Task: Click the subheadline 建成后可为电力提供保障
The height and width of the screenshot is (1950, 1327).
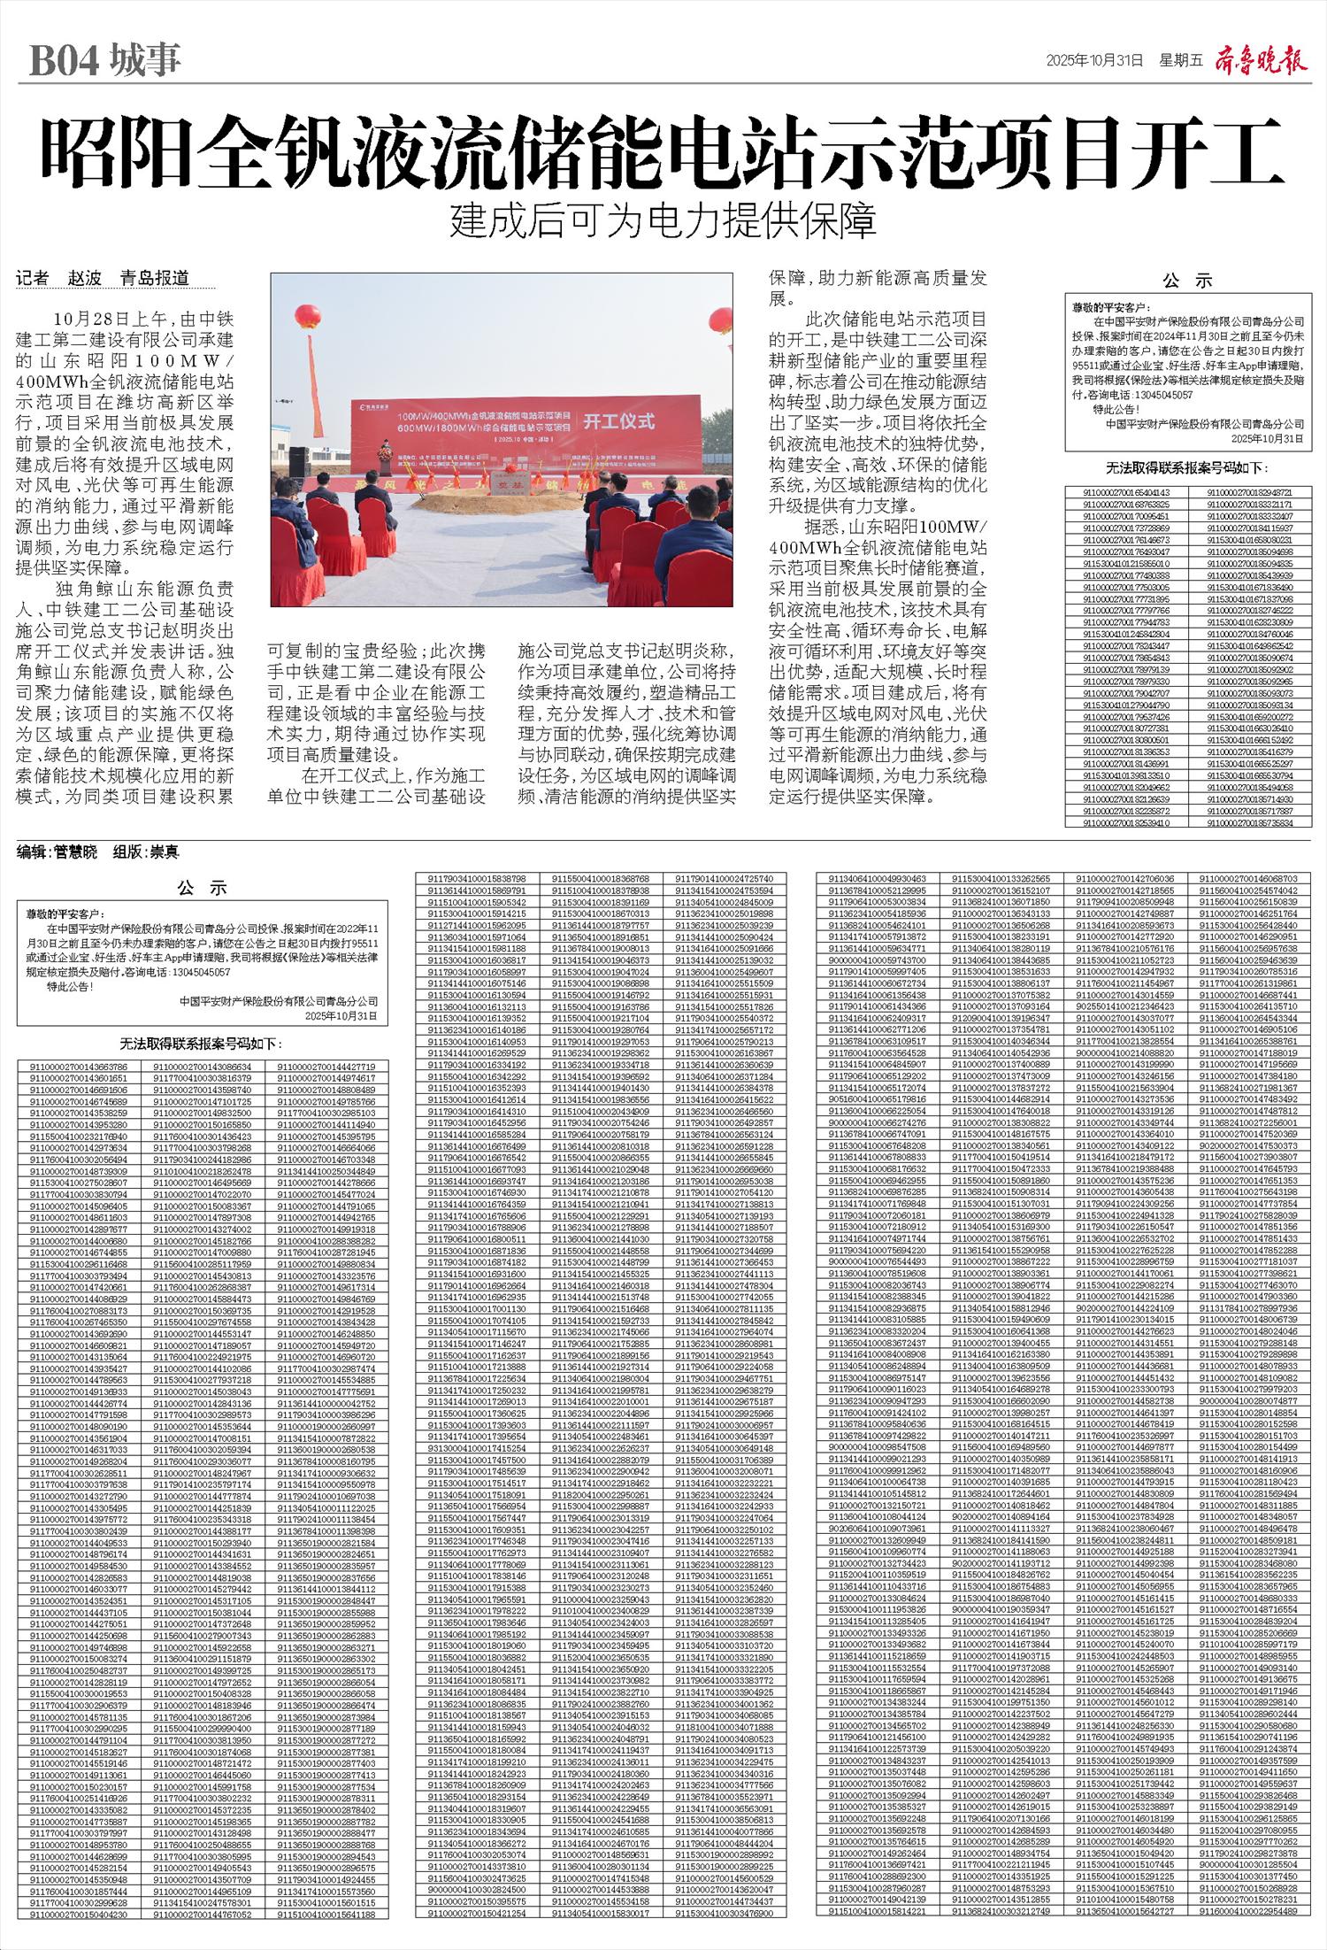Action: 663,222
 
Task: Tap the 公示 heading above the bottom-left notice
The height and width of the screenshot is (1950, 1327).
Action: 202,888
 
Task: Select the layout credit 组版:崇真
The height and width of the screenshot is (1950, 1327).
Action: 146,852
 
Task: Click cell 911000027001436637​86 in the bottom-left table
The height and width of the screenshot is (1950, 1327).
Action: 79,1067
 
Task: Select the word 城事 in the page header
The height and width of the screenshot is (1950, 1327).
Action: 145,60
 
